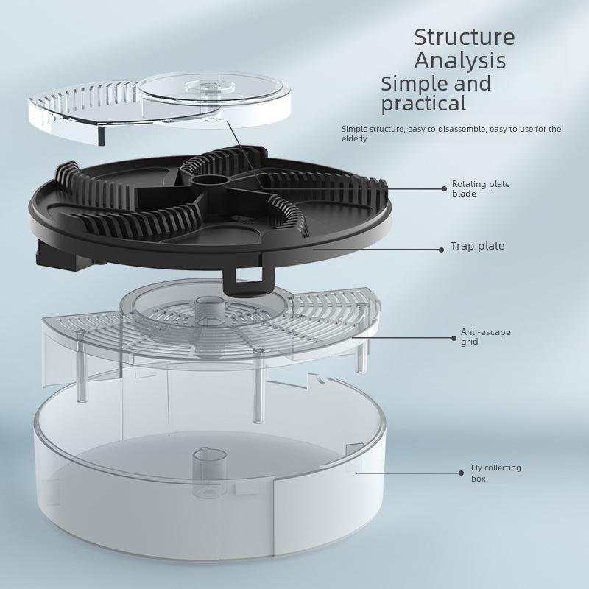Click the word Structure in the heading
click(464, 37)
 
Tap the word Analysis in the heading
click(459, 60)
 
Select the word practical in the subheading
click(423, 104)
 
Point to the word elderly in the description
click(354, 138)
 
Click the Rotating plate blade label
click(481, 188)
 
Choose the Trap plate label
click(477, 247)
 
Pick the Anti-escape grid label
click(485, 336)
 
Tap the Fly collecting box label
click(495, 473)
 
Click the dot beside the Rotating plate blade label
click(444, 188)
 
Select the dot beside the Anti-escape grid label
click(454, 338)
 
